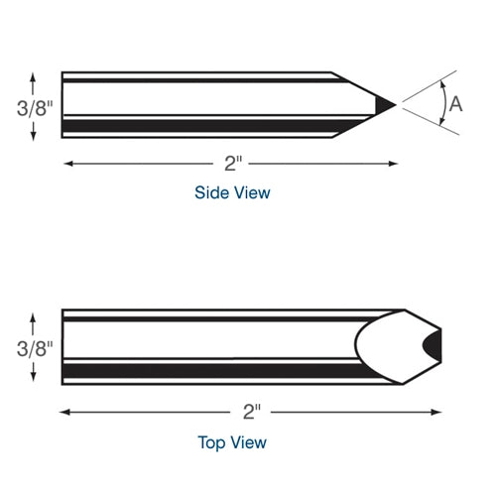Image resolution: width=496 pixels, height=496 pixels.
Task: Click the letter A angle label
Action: tap(455, 103)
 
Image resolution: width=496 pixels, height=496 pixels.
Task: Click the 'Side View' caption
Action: tap(232, 193)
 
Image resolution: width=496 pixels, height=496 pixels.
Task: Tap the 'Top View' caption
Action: tap(232, 441)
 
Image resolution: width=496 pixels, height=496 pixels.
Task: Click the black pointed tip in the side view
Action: tap(385, 103)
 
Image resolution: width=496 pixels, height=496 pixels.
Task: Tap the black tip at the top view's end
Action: tap(433, 345)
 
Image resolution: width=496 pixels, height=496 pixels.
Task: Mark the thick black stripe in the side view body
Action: tap(198, 126)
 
